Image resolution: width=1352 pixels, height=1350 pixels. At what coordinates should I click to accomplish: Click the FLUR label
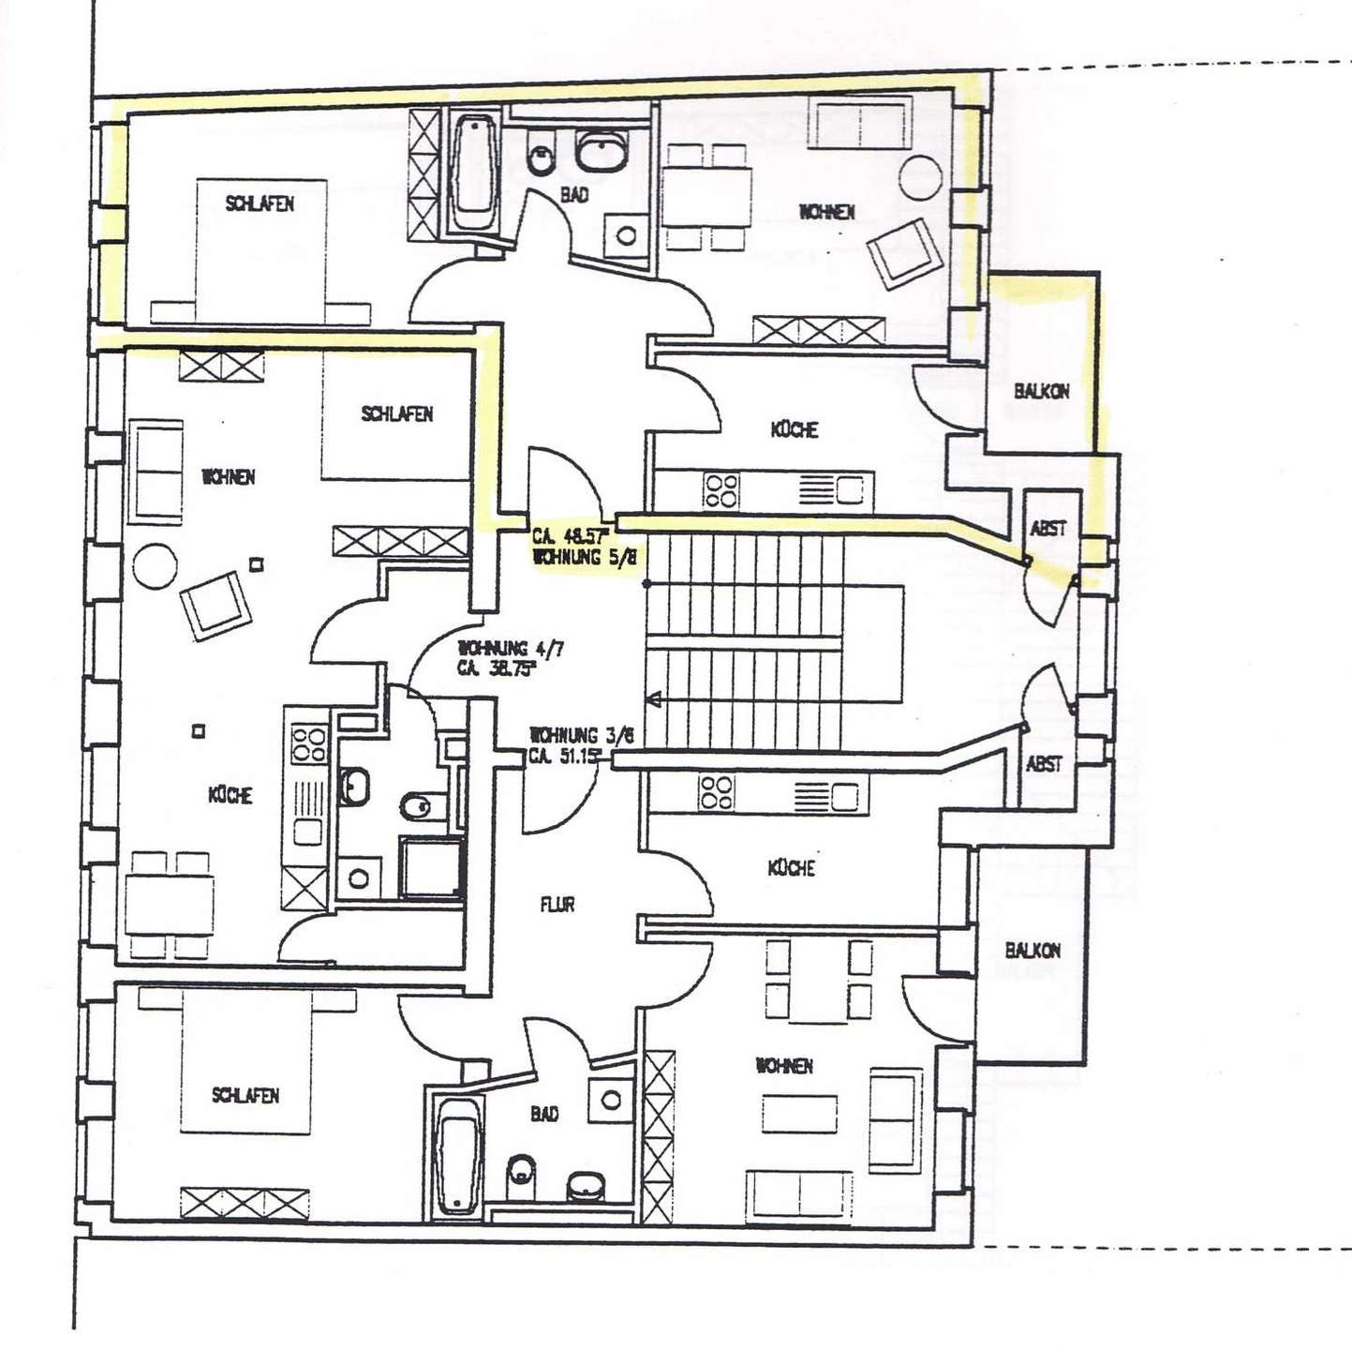(557, 905)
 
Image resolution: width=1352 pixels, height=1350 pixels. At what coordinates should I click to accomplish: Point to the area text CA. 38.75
(496, 669)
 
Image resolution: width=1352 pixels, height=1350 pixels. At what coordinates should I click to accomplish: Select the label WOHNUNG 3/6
(581, 735)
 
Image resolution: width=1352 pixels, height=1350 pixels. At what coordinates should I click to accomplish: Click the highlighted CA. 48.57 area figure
(570, 537)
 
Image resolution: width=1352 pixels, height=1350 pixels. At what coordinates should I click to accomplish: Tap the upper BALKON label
(1041, 391)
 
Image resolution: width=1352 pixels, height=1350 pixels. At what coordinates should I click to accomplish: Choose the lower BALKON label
(1033, 951)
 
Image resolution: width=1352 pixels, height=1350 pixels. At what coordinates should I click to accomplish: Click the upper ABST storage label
(1047, 529)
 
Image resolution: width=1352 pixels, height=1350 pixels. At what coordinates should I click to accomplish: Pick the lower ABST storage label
(1044, 764)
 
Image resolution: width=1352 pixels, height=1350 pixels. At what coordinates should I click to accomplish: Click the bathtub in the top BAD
(475, 173)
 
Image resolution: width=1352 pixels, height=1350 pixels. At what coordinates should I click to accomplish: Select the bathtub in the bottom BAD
(459, 1153)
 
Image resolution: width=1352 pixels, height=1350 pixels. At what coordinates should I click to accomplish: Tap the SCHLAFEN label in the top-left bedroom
(260, 203)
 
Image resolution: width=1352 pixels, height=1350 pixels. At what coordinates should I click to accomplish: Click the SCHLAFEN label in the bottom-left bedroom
(245, 1095)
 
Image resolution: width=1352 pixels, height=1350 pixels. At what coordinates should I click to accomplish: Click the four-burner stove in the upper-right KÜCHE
(721, 489)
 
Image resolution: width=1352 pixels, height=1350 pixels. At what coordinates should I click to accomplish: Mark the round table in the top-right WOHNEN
(920, 178)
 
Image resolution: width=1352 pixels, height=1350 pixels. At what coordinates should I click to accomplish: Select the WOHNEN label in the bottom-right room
(784, 1066)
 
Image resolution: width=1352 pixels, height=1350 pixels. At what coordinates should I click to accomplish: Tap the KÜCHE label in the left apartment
(230, 795)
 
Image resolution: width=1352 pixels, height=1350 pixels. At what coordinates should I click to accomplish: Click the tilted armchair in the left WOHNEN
(217, 607)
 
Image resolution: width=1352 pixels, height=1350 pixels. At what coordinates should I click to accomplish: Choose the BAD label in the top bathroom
(574, 196)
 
